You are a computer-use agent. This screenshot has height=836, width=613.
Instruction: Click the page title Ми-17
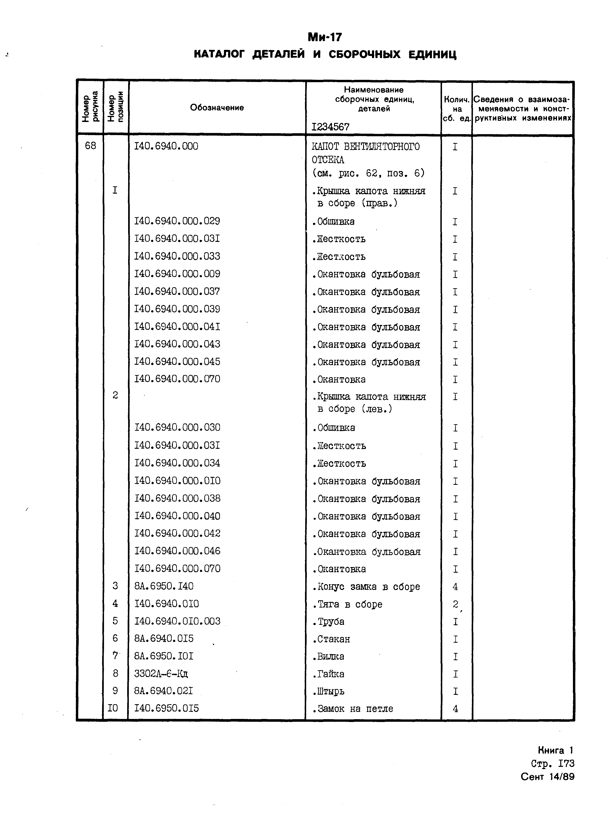[x=325, y=37]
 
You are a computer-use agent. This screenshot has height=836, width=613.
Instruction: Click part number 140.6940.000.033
[x=177, y=256]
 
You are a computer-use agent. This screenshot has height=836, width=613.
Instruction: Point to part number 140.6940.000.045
[x=177, y=362]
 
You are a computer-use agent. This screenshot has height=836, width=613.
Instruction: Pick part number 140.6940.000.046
[x=177, y=551]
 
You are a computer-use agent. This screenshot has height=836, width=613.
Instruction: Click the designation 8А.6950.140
[x=164, y=586]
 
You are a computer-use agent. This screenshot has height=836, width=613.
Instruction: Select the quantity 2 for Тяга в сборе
[x=455, y=604]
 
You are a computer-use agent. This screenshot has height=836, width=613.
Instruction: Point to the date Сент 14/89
[x=547, y=777]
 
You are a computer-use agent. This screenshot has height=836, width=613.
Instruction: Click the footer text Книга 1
[x=555, y=751]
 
